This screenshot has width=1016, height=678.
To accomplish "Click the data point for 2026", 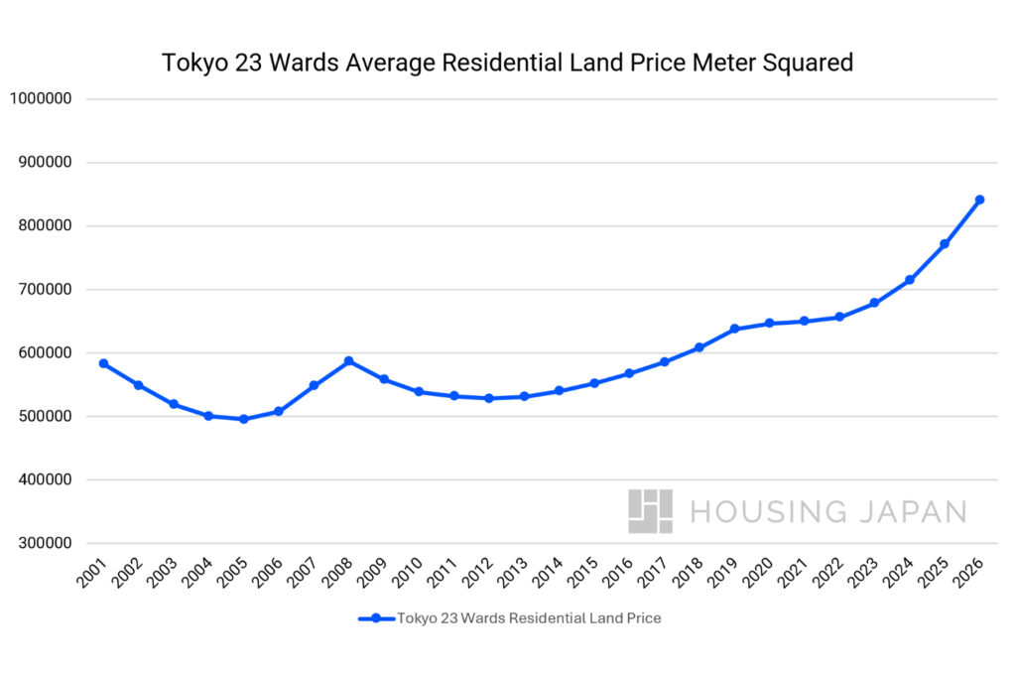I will [x=979, y=200].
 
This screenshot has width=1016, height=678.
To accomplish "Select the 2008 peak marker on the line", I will [x=348, y=360].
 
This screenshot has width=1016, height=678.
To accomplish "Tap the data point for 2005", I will [x=243, y=419].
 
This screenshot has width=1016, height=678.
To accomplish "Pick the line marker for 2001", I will [x=103, y=363].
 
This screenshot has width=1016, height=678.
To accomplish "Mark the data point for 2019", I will [x=734, y=329].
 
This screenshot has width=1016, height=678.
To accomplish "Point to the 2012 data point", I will [x=488, y=398].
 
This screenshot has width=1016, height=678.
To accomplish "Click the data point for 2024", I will [x=910, y=280].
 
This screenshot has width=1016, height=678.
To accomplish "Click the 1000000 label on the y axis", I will [x=40, y=99].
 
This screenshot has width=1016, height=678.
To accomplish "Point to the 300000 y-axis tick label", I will [x=44, y=543].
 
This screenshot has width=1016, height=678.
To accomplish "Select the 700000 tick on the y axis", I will [x=44, y=290].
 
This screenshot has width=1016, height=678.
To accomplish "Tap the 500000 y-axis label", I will [x=44, y=417].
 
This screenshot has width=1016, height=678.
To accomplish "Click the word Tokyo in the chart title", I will [x=192, y=64].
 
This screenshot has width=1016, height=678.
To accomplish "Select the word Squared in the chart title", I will [x=809, y=64].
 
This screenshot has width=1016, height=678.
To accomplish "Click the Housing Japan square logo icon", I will [x=650, y=511].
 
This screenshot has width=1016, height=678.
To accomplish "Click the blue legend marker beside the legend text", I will [x=376, y=618].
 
